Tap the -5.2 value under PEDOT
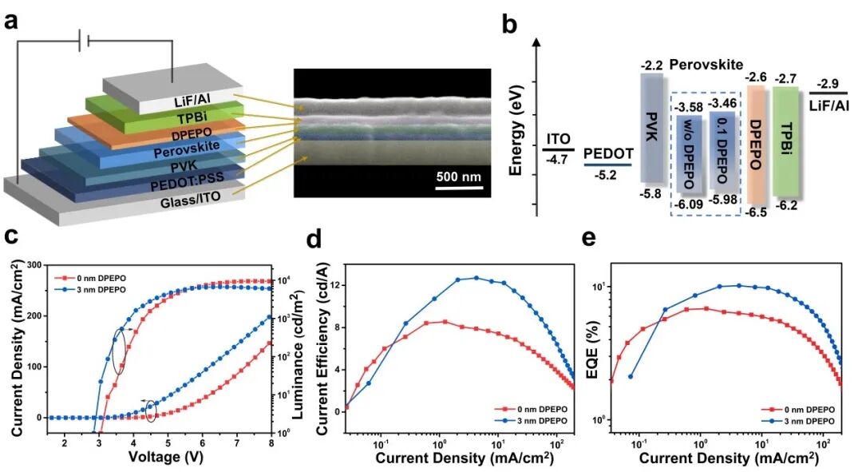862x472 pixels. (x=607, y=176)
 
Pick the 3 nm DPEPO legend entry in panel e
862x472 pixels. (x=802, y=418)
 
